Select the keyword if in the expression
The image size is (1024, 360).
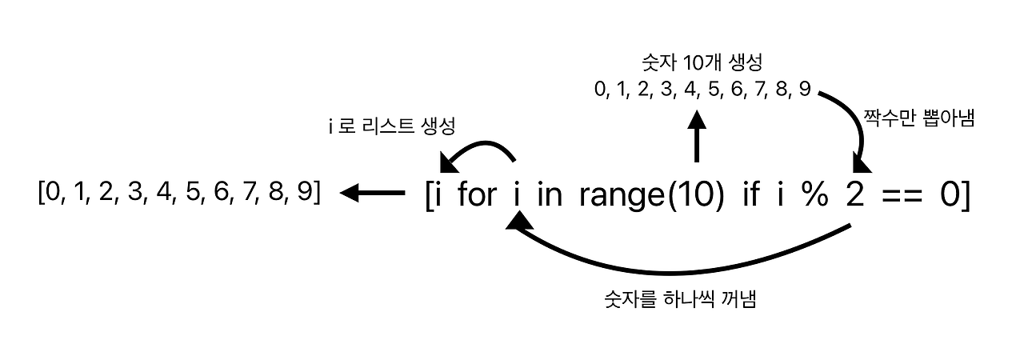pos(750,194)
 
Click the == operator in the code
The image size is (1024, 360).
pos(901,196)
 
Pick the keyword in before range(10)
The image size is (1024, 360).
pos(550,194)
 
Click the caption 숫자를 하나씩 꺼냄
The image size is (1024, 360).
pos(682,302)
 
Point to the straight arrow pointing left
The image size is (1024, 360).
pos(373,192)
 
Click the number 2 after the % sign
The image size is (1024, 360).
pos(856,194)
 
